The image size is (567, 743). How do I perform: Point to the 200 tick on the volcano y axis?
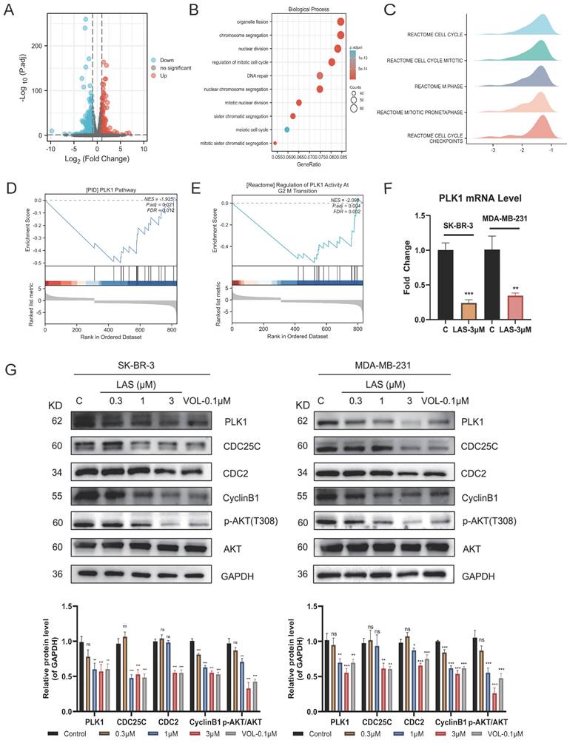(x=35, y=46)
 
